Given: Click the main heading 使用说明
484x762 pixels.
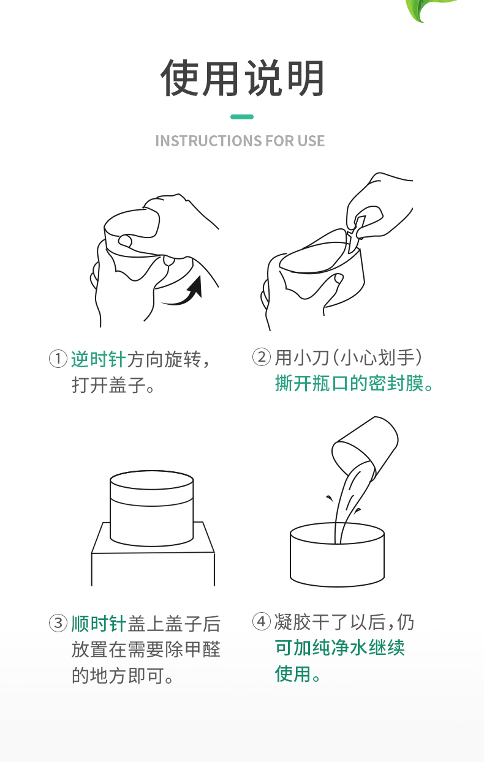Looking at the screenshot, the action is pyautogui.click(x=242, y=78).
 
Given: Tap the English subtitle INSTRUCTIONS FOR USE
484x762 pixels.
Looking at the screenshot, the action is pyautogui.click(x=240, y=141).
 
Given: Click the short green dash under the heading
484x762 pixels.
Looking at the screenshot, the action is pyautogui.click(x=242, y=117).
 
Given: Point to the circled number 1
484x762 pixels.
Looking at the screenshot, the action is pyautogui.click(x=58, y=359).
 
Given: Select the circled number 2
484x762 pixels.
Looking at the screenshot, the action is pyautogui.click(x=261, y=357).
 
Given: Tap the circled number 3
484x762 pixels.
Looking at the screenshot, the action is pyautogui.click(x=58, y=623).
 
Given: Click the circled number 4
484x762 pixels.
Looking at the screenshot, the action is pyautogui.click(x=261, y=621).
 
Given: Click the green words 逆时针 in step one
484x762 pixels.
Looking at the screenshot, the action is pyautogui.click(x=99, y=359).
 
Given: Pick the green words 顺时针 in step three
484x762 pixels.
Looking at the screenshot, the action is pyautogui.click(x=99, y=624).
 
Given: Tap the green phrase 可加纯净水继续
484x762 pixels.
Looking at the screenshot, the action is pyautogui.click(x=340, y=648).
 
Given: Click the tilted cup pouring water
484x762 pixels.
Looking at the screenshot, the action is pyautogui.click(x=365, y=447).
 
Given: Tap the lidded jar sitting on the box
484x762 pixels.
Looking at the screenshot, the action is pyautogui.click(x=151, y=508).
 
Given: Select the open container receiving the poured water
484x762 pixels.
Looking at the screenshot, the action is pyautogui.click(x=337, y=555).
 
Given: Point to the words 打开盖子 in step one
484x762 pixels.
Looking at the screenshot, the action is pyautogui.click(x=108, y=385).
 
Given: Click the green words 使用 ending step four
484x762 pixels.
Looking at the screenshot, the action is pyautogui.click(x=293, y=673).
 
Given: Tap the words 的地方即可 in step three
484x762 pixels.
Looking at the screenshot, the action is pyautogui.click(x=118, y=676).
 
